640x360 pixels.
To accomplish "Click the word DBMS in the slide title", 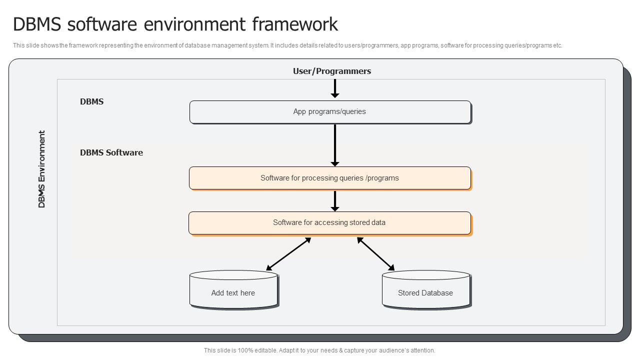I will (x=37, y=24).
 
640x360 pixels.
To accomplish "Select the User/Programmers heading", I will (x=331, y=71).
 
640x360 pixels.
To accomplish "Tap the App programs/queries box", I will (x=330, y=112).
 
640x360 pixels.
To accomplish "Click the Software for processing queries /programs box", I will (x=330, y=178).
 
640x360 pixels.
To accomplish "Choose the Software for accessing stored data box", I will (x=330, y=222).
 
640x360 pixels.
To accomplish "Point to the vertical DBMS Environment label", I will (x=42, y=169).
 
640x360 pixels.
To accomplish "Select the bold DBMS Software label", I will (x=111, y=152).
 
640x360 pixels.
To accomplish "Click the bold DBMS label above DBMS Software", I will (x=91, y=101).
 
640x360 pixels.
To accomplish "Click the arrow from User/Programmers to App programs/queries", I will (x=335, y=88).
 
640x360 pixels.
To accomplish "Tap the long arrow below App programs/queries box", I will (x=335, y=145).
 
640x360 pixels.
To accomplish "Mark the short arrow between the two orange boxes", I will (x=335, y=200).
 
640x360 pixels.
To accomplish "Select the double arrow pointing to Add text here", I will (x=288, y=254).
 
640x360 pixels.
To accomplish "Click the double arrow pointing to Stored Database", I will (x=375, y=254).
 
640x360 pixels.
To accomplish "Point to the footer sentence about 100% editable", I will (x=319, y=350).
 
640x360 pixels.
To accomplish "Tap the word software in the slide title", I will (x=105, y=24).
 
